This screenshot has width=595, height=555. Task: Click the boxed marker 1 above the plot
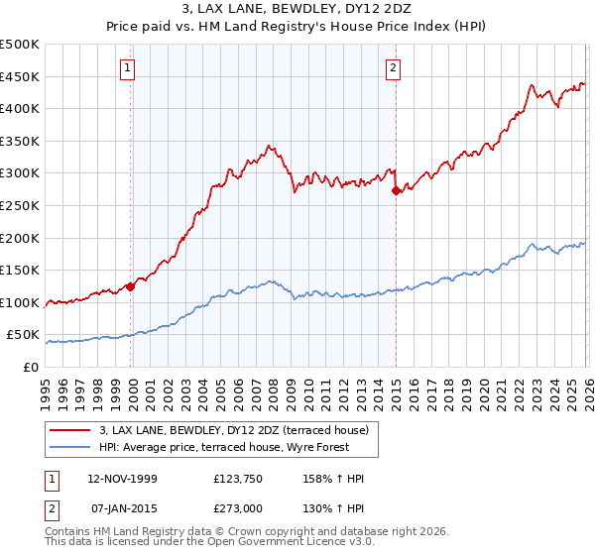[129, 67]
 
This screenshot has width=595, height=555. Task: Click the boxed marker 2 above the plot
[394, 67]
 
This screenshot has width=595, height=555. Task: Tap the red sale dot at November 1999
[130, 287]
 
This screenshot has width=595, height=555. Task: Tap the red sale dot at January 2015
[396, 190]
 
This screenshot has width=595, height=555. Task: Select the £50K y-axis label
[23, 335]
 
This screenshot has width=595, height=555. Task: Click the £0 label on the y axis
[32, 368]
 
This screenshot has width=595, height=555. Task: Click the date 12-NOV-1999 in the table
[122, 480]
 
